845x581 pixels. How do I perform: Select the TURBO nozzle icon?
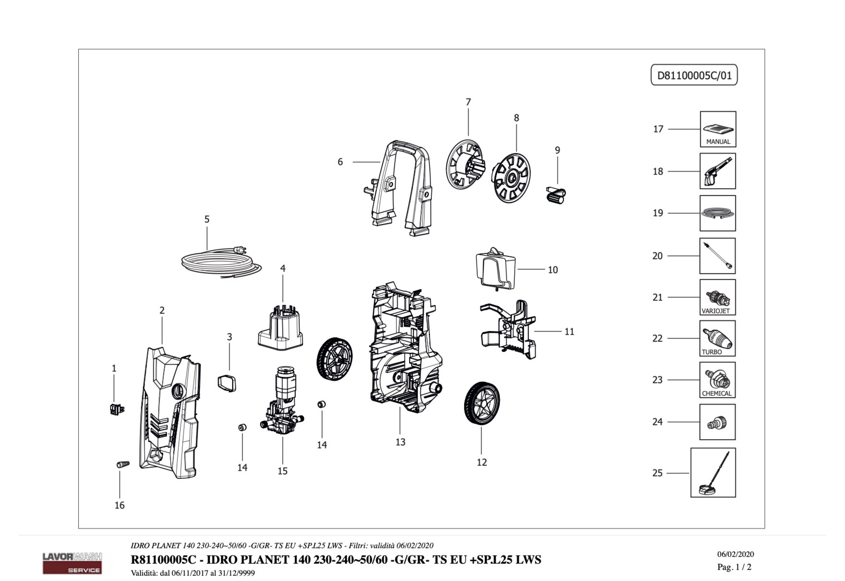click(x=717, y=338)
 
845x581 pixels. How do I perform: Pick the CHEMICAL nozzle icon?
click(x=717, y=380)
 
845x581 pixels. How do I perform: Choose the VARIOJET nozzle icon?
click(x=717, y=297)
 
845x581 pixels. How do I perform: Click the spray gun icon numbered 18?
click(x=717, y=171)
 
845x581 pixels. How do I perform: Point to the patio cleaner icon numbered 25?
click(x=713, y=472)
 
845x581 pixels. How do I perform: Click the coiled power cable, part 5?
click(x=218, y=262)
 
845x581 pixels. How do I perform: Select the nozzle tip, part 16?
click(x=123, y=464)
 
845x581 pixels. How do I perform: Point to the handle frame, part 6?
click(x=400, y=186)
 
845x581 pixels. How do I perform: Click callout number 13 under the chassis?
click(x=400, y=442)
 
